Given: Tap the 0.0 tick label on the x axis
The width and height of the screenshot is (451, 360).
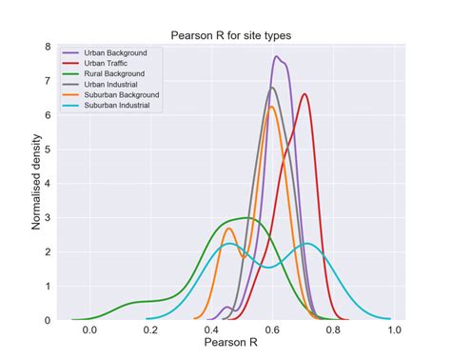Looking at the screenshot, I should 89,330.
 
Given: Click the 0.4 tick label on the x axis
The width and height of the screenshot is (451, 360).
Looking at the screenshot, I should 211,330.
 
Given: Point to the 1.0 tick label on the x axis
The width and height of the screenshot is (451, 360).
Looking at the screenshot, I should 394,330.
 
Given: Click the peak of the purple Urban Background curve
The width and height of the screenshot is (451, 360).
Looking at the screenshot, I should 277,56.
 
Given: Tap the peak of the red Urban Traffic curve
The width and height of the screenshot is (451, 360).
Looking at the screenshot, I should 304,93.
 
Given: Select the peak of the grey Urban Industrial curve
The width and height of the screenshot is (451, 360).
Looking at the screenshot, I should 272,88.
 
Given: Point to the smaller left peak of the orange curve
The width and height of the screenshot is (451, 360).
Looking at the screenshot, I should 228,228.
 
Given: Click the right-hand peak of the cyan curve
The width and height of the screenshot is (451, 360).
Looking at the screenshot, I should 306,243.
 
